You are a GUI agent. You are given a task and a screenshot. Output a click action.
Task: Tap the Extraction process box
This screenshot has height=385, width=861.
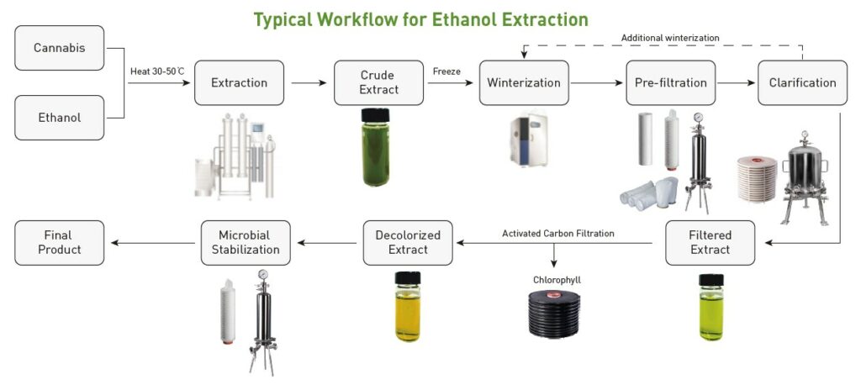click(239, 83)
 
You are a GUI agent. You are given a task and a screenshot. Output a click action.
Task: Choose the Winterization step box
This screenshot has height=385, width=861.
click(524, 83)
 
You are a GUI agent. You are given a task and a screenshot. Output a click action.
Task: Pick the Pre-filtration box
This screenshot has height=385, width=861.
click(670, 83)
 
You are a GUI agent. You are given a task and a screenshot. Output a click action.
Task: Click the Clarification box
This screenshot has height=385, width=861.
click(802, 83)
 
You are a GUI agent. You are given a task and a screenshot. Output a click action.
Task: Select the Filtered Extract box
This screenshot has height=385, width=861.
click(710, 243)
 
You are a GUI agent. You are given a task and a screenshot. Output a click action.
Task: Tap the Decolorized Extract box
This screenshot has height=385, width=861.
click(408, 243)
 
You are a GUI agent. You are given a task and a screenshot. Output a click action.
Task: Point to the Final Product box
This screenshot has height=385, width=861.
click(60, 243)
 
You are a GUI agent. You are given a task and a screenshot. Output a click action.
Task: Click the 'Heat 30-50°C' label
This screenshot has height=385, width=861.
click(157, 71)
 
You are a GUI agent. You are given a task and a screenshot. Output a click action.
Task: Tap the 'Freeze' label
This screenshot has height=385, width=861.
click(446, 71)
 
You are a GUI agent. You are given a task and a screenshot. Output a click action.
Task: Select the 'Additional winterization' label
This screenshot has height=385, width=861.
click(670, 38)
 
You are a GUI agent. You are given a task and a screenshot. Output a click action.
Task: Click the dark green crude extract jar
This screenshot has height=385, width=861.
click(374, 148)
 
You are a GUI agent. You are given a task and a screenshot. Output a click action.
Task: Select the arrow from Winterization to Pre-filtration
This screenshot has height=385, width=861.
click(593, 83)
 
